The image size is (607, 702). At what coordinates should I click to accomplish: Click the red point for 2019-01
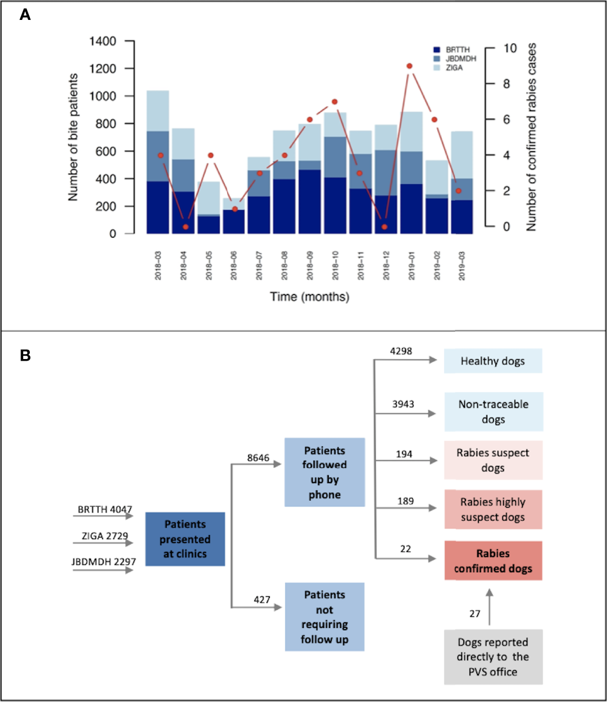tap(409, 66)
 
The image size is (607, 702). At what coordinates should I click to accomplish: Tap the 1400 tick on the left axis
tap(103, 41)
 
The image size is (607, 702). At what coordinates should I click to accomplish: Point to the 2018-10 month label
tap(336, 266)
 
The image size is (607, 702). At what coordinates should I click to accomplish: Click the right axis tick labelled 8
tap(506, 84)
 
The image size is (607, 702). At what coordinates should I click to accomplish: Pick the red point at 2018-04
tap(186, 227)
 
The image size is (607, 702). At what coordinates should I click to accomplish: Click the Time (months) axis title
tap(310, 297)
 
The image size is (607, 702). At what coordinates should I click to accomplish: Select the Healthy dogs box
tap(493, 361)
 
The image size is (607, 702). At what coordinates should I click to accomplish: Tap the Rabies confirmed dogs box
tap(493, 561)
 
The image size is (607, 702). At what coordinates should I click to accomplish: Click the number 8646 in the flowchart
tap(258, 458)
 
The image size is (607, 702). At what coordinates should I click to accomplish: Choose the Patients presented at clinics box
tap(185, 539)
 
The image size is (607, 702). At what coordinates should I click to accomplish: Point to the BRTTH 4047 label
tap(104, 509)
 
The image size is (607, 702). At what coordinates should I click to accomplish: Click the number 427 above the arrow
tap(262, 600)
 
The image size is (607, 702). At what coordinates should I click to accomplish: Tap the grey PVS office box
tap(493, 657)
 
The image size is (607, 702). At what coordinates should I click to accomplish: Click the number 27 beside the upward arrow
tap(475, 613)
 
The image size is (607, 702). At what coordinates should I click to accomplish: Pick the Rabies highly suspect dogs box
tap(493, 509)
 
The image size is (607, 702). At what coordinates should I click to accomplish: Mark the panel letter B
tap(25, 355)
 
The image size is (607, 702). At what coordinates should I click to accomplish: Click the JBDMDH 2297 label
tap(104, 562)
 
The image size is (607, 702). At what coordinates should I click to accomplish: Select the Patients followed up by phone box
tap(325, 472)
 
